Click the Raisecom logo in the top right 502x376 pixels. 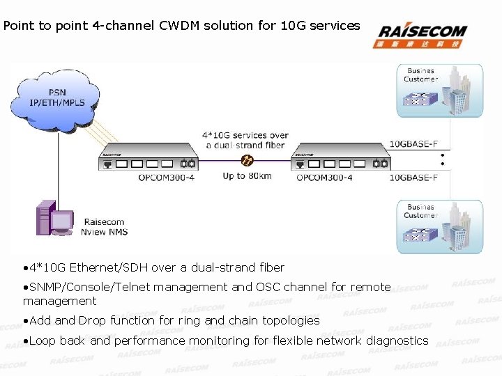pos(420,34)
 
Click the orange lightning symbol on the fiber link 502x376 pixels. pos(247,161)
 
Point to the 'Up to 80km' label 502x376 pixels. pos(248,176)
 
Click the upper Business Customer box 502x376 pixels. pos(439,91)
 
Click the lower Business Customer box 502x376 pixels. pos(439,226)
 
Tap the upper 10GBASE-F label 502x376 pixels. pos(413,145)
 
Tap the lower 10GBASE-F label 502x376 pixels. pos(413,178)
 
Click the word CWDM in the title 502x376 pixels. pos(178,26)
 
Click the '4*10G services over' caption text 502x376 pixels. pos(245,135)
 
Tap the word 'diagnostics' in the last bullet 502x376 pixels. pos(395,340)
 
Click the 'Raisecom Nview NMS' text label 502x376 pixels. pos(105,227)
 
